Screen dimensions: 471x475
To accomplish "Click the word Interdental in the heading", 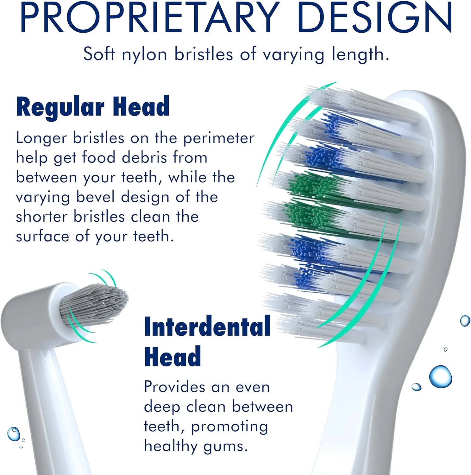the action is (207, 326).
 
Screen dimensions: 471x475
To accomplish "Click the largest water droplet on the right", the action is (440, 377).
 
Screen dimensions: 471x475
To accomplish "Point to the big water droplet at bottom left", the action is (13, 434).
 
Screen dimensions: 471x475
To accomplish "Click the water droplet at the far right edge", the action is (465, 321).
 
